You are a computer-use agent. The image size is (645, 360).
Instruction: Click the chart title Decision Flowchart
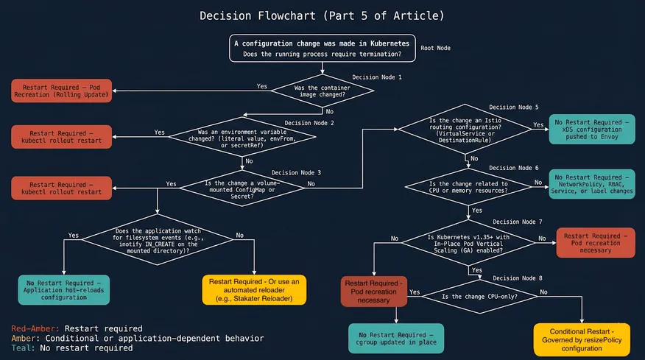[x=322, y=15]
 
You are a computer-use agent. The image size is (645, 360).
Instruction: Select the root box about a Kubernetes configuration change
[x=322, y=49]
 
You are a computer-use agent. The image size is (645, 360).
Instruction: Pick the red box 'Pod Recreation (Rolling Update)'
[x=60, y=91]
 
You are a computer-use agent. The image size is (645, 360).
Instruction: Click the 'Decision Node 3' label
[x=296, y=172]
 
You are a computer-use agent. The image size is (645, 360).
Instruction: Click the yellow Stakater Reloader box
[x=253, y=289]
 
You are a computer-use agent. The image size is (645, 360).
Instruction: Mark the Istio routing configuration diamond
[x=466, y=128]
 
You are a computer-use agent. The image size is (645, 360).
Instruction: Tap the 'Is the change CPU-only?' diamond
[x=479, y=296]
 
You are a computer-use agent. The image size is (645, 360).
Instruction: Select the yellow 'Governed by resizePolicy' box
[x=582, y=338]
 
